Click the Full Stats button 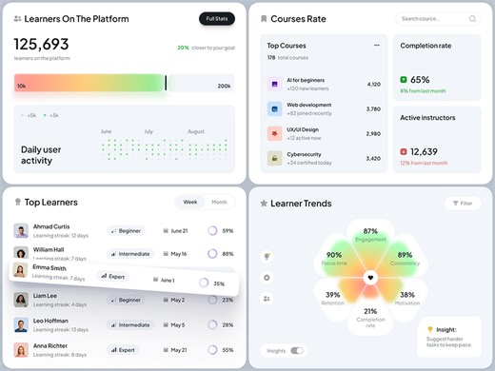[x=216, y=18]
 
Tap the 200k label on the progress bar [x=224, y=86]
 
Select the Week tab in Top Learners [x=190, y=202]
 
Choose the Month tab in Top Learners [x=219, y=202]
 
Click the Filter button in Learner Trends [x=463, y=203]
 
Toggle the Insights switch [x=297, y=350]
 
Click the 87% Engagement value [x=370, y=231]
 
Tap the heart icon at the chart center [x=370, y=277]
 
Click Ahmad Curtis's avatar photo [x=21, y=230]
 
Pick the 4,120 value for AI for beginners [x=373, y=84]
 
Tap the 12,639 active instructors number [x=424, y=151]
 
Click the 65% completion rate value [x=420, y=80]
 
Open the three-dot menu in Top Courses [x=375, y=45]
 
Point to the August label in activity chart [x=195, y=131]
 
